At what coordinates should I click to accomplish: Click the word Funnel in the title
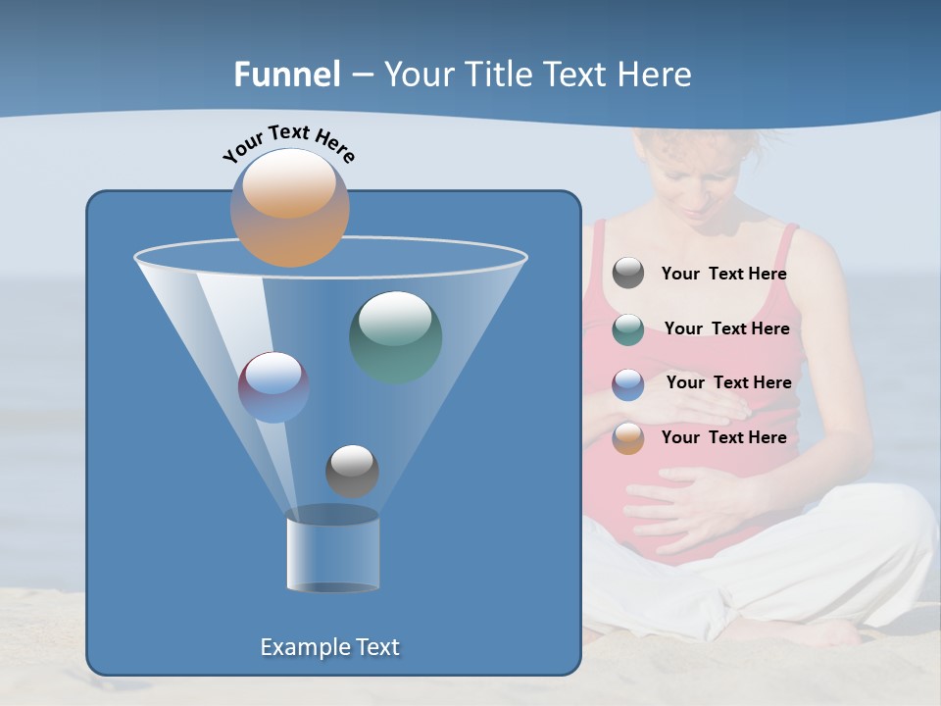pos(287,75)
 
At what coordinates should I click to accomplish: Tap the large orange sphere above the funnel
pos(289,207)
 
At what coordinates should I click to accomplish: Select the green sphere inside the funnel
pos(395,336)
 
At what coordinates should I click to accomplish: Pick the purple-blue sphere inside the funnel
pos(273,386)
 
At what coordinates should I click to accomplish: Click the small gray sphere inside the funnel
pos(352,471)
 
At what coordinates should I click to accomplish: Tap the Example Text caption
pos(329,647)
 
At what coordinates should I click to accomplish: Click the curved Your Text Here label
pos(288,142)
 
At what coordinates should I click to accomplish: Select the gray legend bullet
pos(628,273)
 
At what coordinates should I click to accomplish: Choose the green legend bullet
pos(628,329)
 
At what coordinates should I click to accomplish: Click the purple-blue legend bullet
pos(628,383)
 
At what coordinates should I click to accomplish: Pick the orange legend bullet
pos(628,438)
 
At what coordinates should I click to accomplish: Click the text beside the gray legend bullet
pos(723,275)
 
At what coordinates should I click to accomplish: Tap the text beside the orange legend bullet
pos(723,437)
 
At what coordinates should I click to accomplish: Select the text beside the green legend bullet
pos(726,329)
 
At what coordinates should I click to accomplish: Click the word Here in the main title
pos(657,75)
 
